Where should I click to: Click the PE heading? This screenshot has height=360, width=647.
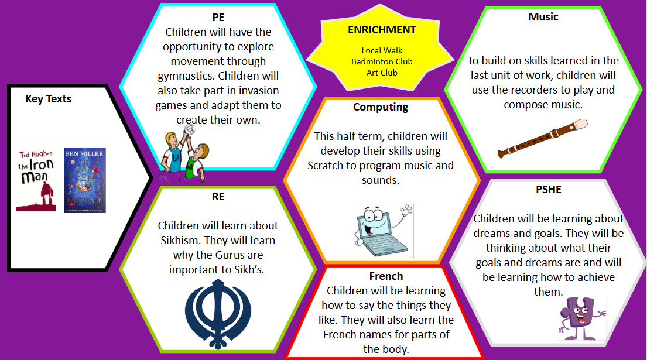click(218, 18)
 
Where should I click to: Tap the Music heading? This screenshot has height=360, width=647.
click(543, 16)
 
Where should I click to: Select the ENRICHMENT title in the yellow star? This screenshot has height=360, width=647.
click(382, 30)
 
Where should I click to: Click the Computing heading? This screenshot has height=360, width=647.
click(381, 107)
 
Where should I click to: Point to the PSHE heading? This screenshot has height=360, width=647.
click(549, 189)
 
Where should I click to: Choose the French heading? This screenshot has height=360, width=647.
click(386, 276)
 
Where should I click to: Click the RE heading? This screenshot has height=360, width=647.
click(218, 196)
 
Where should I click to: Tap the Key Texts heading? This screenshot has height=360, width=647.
click(48, 99)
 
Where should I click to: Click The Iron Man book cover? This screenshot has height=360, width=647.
click(36, 180)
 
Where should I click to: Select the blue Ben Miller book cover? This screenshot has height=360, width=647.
click(84, 180)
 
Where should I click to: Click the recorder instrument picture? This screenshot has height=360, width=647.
click(543, 138)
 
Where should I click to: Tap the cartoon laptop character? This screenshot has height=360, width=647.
click(384, 229)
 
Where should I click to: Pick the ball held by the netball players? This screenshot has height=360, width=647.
click(189, 129)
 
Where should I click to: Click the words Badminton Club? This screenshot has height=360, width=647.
click(382, 61)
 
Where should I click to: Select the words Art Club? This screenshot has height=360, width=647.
click(382, 73)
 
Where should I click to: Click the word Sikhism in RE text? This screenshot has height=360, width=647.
click(181, 241)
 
